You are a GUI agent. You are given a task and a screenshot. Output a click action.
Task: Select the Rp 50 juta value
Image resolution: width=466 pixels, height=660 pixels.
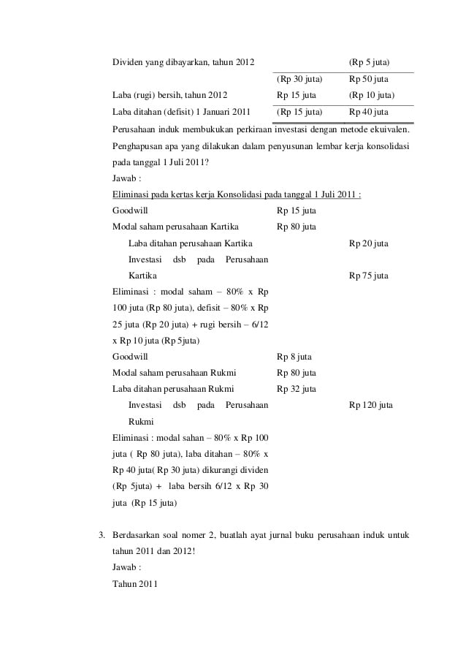tap(369, 79)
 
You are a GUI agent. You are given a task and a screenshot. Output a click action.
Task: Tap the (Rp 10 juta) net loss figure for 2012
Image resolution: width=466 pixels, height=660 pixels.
tap(372, 95)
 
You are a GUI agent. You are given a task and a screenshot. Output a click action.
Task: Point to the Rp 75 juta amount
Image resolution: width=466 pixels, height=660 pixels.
tap(369, 276)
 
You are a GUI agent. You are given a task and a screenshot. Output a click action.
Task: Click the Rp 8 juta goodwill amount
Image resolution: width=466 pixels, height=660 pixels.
tap(294, 357)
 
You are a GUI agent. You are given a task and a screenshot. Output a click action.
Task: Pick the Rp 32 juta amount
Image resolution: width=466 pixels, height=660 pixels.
tap(297, 389)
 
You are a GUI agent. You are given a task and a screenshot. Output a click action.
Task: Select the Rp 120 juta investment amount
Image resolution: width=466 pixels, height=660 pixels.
tap(371, 405)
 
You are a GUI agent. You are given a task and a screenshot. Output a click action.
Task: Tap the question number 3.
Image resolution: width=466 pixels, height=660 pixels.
tap(102, 535)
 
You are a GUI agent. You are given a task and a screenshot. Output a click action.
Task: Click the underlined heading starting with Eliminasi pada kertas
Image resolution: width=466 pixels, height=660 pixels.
tap(237, 194)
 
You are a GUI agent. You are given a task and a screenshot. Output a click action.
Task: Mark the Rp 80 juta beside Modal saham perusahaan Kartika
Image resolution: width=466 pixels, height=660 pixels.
tap(297, 227)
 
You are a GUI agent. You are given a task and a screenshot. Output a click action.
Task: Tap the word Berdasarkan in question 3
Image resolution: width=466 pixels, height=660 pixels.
tap(140, 535)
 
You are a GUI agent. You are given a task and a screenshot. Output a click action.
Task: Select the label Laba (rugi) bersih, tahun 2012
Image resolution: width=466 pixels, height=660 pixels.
tap(169, 95)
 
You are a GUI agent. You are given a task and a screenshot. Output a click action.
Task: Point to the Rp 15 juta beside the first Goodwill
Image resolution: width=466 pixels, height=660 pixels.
tap(297, 210)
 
